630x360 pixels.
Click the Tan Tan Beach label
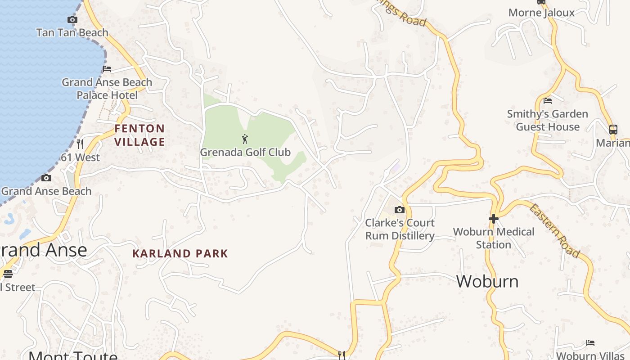[x=72, y=32]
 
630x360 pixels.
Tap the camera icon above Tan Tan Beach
[x=72, y=19]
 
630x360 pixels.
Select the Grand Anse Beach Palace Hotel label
[x=107, y=89]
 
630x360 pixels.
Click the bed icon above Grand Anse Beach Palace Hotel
[x=107, y=69]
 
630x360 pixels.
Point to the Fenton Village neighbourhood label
[x=139, y=135]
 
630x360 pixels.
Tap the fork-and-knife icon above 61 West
[x=80, y=144]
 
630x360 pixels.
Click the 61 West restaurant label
[x=80, y=157]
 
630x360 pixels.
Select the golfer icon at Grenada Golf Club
[x=245, y=139]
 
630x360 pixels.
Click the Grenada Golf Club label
[x=245, y=152]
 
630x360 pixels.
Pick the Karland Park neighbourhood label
[x=180, y=253]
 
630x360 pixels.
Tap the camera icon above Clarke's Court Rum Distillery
[x=399, y=210]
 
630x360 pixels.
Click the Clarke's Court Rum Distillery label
[x=400, y=229]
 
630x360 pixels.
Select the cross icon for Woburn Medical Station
[x=494, y=219]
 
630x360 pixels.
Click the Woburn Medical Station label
[x=494, y=238]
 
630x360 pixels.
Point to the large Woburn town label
[x=487, y=281]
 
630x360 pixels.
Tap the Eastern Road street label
[x=554, y=231]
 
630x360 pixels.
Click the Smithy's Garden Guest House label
[x=548, y=120]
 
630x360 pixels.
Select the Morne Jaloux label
[x=541, y=13]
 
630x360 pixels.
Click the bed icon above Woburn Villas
[x=590, y=343]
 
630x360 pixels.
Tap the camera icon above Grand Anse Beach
[x=46, y=178]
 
